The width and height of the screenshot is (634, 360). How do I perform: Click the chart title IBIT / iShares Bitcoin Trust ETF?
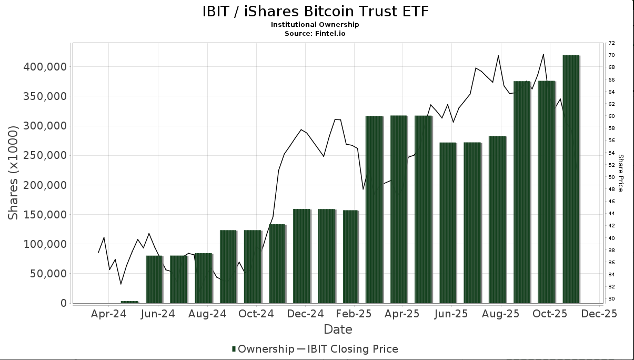point(315,11)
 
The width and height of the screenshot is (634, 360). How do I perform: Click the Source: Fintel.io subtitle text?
point(315,33)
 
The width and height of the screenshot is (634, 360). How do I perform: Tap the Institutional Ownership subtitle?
point(315,25)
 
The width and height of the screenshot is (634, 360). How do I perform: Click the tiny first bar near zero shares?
point(129,302)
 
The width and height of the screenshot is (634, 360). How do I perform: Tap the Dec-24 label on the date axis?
point(305,314)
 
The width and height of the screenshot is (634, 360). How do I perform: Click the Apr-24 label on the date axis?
point(109,314)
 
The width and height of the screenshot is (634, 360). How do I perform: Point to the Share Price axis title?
point(621,173)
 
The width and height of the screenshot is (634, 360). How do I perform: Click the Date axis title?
point(338,329)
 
